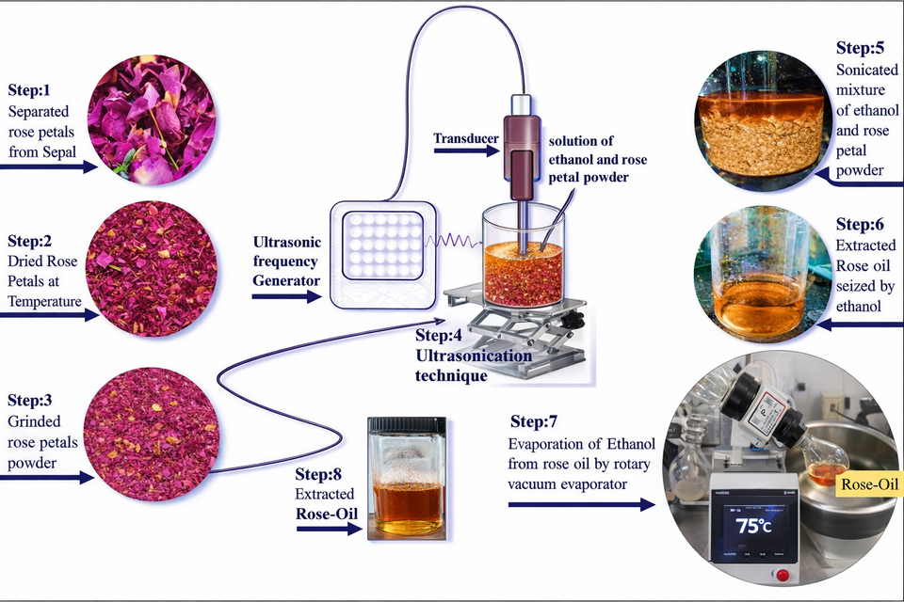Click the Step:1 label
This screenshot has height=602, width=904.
[x=35, y=92]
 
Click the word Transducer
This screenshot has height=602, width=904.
[x=465, y=139]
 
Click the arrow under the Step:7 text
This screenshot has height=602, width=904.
[x=580, y=505]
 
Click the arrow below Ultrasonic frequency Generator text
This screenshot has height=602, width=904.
[x=286, y=295]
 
